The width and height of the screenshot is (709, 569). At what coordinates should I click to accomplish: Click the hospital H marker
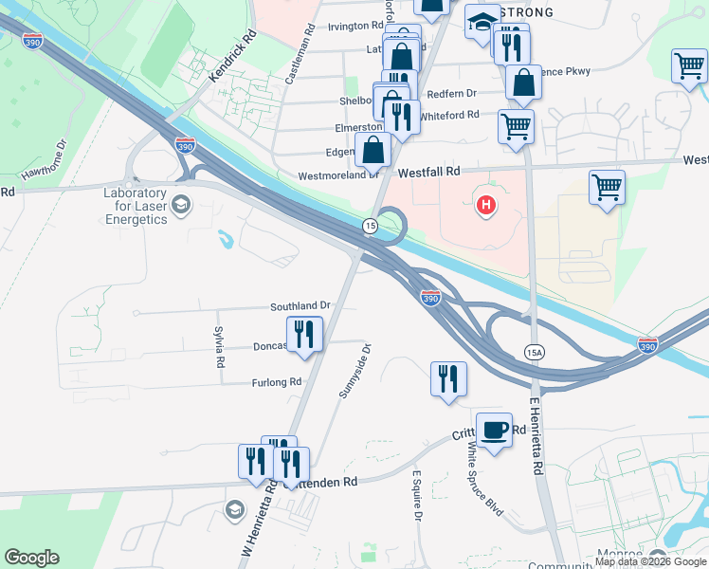[486, 204]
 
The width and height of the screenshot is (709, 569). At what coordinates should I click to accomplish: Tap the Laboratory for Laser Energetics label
[136, 206]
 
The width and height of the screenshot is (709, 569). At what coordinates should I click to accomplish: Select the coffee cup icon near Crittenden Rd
[493, 431]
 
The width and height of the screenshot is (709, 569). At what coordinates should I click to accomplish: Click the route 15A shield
[534, 352]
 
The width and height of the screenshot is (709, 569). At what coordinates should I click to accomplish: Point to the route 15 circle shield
[371, 225]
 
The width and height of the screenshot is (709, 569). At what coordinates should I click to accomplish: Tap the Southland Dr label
[300, 305]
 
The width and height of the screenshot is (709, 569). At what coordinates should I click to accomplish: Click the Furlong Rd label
[275, 382]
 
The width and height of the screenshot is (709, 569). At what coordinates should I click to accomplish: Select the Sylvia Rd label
[220, 348]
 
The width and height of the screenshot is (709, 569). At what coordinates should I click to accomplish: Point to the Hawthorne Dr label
[42, 159]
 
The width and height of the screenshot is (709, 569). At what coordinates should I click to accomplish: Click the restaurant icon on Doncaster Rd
[304, 334]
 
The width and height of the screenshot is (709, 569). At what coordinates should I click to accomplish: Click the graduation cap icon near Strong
[482, 21]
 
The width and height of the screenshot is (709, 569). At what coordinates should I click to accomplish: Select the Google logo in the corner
[31, 558]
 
